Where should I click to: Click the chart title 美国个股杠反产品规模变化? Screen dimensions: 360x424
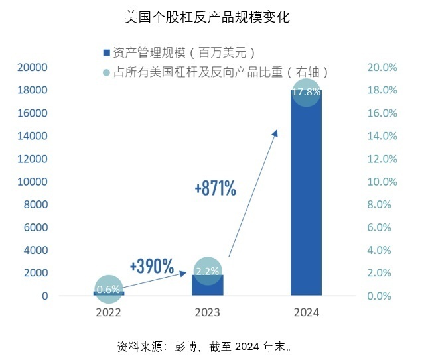[207, 17]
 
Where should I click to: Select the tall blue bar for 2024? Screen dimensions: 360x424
[306, 199]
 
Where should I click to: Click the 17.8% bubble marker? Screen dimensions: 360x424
[306, 92]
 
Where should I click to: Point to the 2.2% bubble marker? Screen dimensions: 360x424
[207, 270]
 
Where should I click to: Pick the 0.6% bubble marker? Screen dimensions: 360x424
[109, 289]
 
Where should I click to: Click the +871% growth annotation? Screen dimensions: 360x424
[216, 189]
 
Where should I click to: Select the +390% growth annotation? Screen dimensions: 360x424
[152, 267]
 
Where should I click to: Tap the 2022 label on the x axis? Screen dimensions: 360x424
[109, 312]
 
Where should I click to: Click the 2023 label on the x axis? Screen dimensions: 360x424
[207, 312]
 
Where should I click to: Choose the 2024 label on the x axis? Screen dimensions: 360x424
[306, 312]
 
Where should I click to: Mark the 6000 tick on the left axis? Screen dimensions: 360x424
[36, 227]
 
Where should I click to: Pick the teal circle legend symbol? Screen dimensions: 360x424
[106, 72]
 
